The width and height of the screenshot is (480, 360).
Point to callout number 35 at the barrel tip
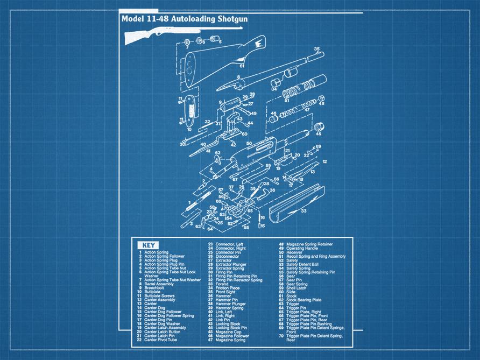click(x=317, y=49)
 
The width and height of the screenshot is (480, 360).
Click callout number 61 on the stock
click(x=242, y=66)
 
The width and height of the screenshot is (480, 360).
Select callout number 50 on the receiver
click(x=249, y=144)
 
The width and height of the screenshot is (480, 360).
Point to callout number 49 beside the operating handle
click(x=253, y=114)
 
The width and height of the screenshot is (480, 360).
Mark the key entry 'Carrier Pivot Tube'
click(x=161, y=340)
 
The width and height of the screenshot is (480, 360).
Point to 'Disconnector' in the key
click(x=227, y=256)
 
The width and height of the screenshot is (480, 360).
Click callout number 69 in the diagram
click(x=318, y=146)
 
